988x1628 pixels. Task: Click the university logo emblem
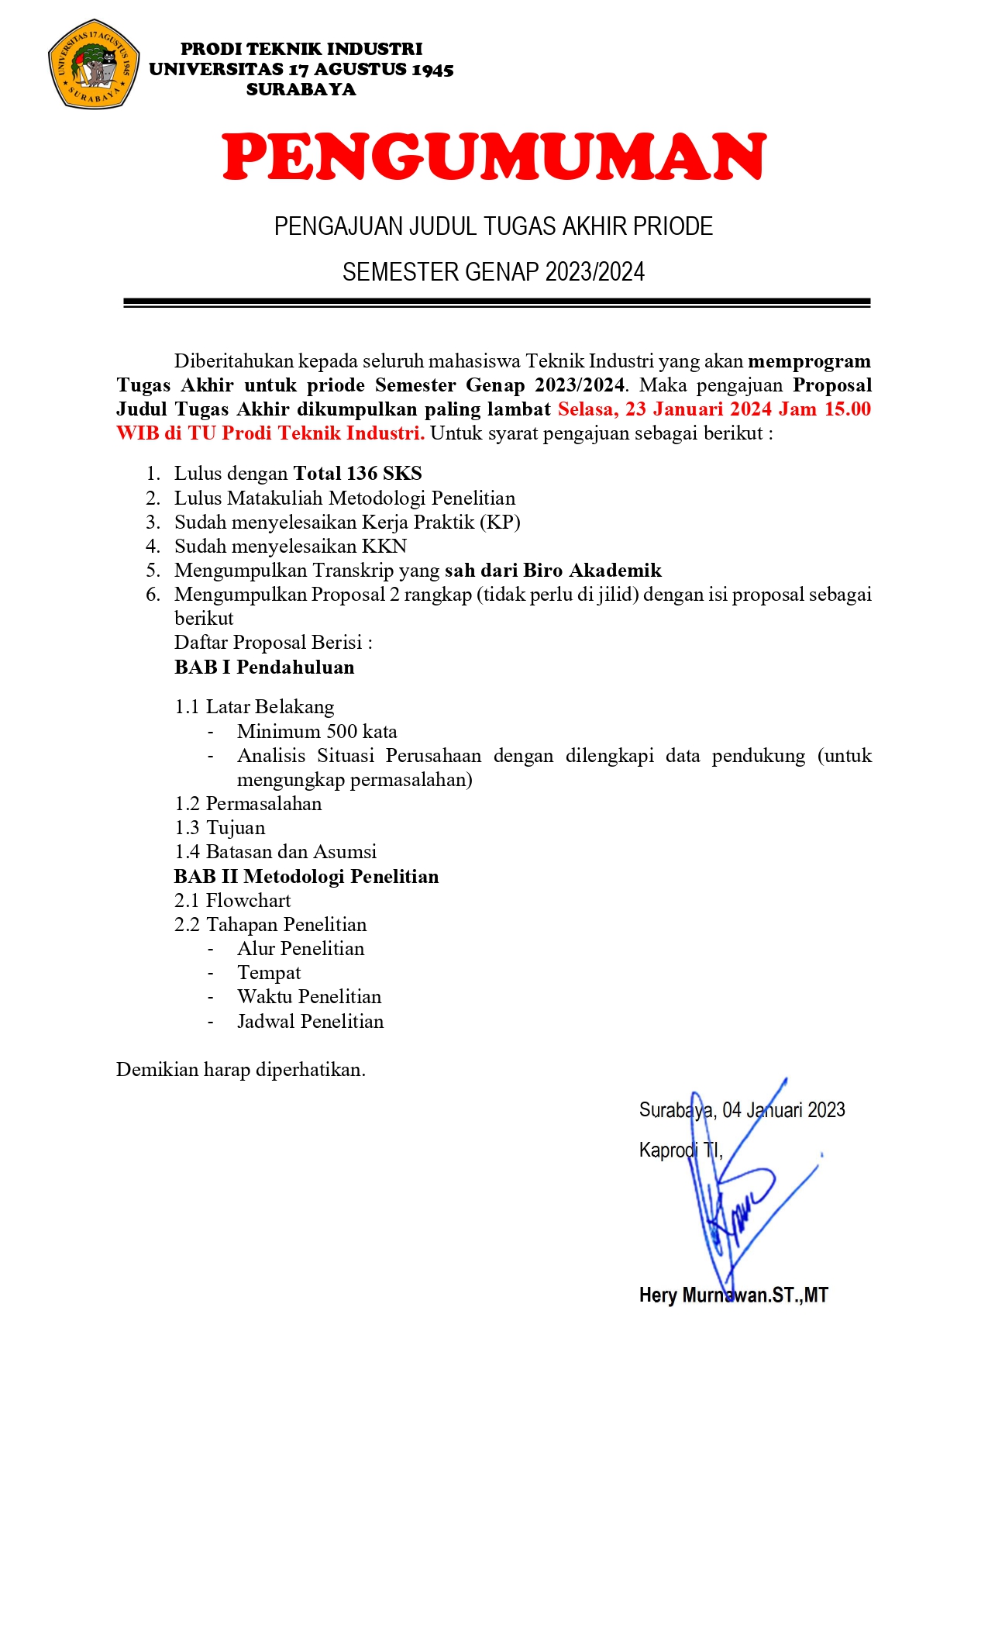tap(94, 64)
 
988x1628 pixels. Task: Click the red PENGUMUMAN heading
tap(494, 157)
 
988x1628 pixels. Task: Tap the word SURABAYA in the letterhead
tap(301, 90)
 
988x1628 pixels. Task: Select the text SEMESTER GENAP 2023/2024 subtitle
tap(494, 272)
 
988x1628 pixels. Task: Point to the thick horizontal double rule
tap(497, 302)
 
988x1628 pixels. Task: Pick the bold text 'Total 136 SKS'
tap(357, 474)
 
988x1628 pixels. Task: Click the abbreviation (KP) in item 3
tap(500, 523)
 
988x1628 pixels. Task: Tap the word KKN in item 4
tap(384, 547)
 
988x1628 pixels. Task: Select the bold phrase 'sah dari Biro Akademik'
tap(553, 571)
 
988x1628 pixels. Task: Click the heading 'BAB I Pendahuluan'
tap(264, 667)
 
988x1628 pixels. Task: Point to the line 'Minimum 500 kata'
tap(317, 732)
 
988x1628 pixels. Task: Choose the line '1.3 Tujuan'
tap(220, 828)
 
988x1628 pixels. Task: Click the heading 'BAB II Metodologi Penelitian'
tap(306, 877)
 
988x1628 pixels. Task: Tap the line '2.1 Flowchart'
tap(232, 901)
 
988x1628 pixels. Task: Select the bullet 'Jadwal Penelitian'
tap(310, 1022)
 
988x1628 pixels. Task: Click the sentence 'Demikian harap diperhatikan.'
tap(241, 1070)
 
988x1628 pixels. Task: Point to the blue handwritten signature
tap(736, 1194)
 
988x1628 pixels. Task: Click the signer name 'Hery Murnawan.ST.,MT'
tap(733, 1295)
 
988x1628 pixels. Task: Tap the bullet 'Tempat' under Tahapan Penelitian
tap(269, 973)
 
